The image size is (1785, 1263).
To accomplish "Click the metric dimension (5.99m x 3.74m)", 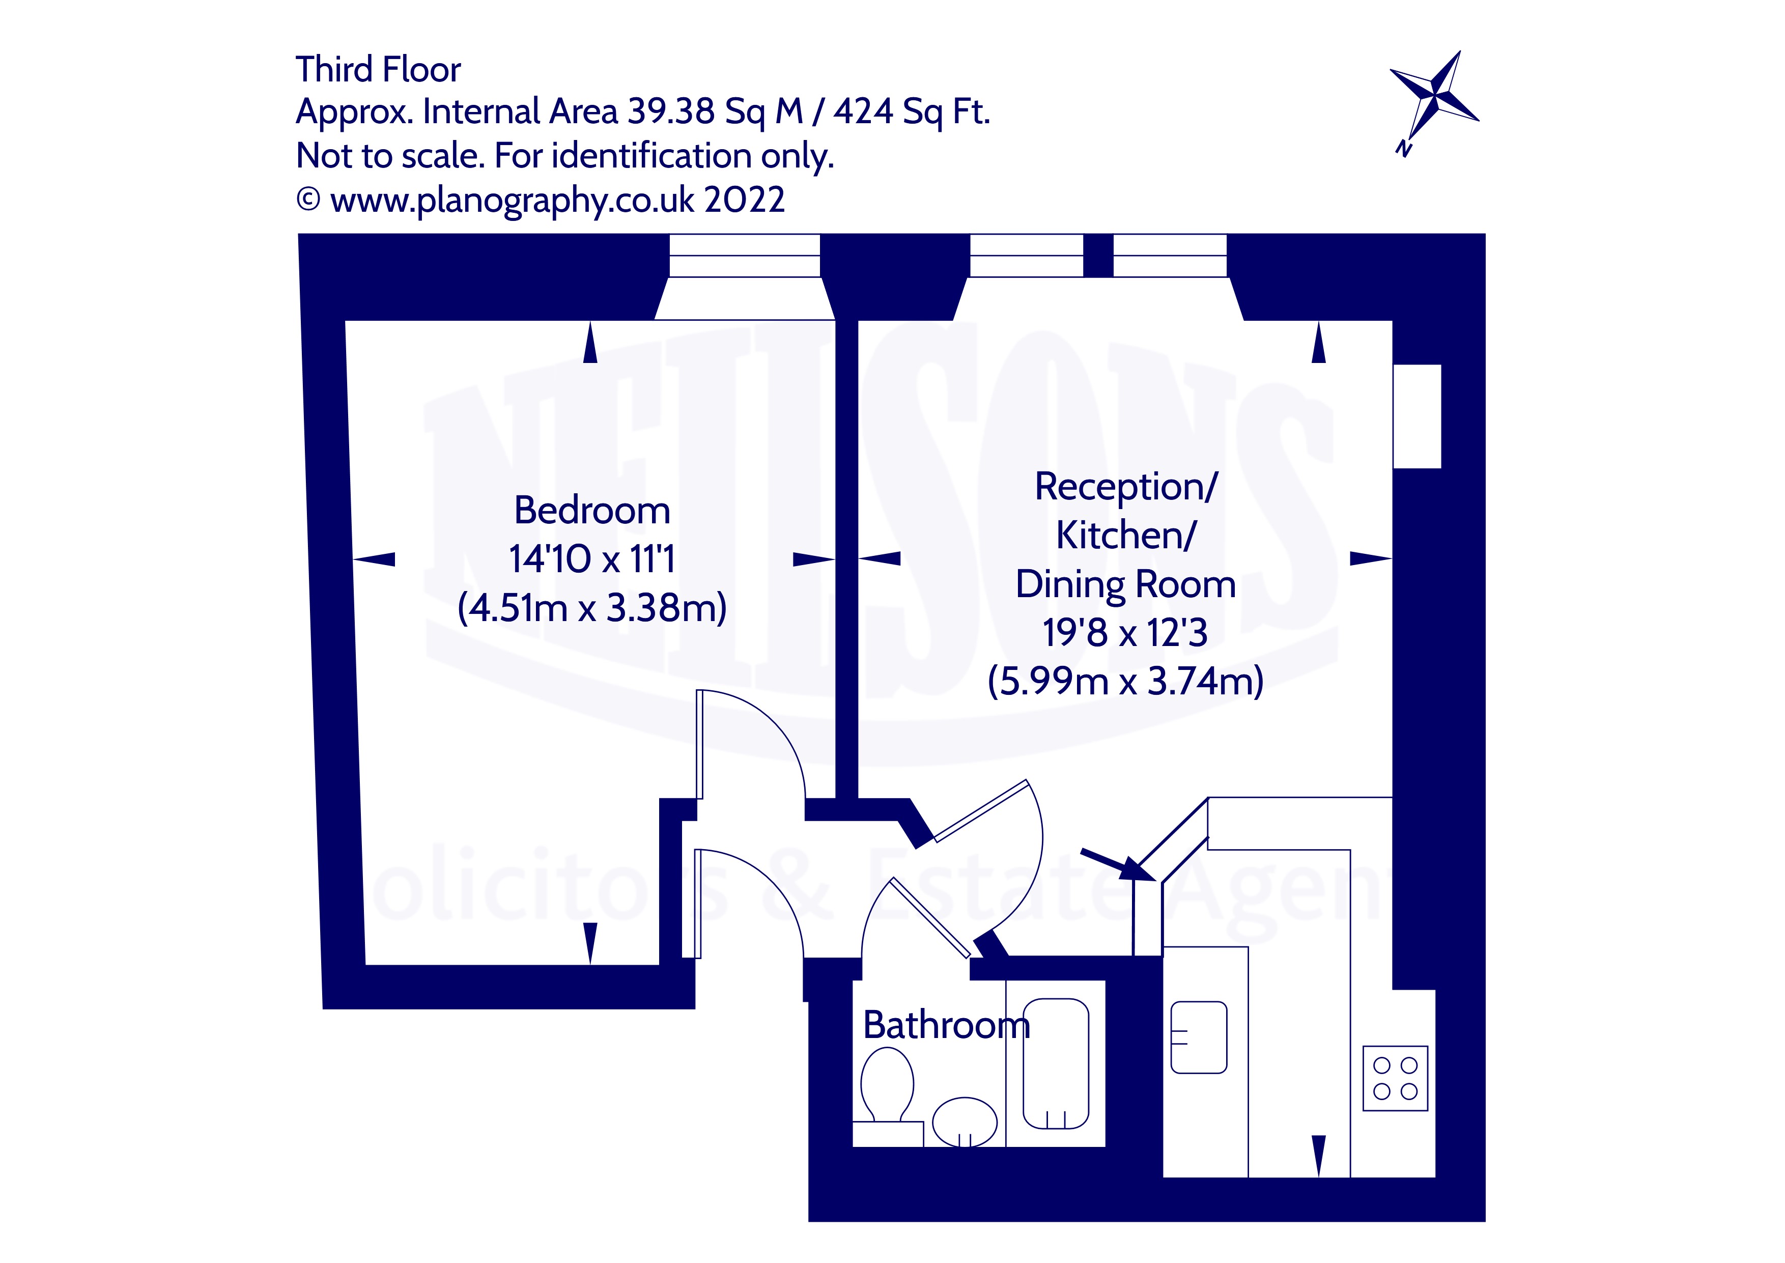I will coord(1125,681).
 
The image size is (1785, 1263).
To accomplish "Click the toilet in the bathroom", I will coord(886,1084).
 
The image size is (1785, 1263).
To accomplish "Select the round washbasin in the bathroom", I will coord(964,1121).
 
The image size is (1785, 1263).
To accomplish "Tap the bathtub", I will coord(1055,1063).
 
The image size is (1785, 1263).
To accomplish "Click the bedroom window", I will coord(744,256).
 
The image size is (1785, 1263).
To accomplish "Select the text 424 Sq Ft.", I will coord(911,112).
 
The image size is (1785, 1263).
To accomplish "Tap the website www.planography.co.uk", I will coord(512,201).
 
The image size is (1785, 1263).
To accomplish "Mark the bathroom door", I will coord(930,918).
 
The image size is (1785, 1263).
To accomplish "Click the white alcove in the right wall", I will coord(1416,416).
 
